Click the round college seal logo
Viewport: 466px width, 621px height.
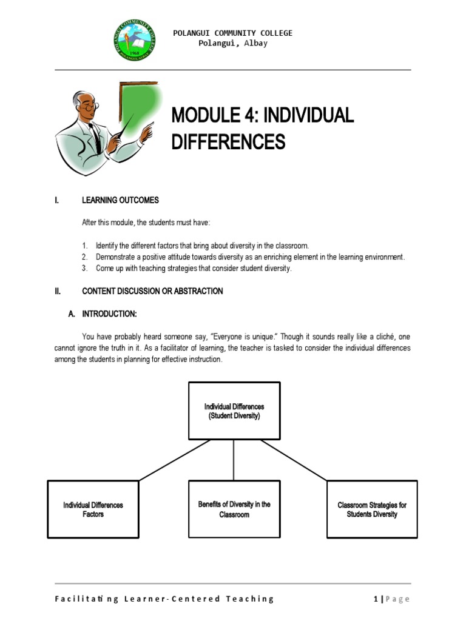134,41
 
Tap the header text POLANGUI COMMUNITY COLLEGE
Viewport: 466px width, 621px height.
232,33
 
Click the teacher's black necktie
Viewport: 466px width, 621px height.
96,137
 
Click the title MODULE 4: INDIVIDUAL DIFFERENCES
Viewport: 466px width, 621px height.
262,127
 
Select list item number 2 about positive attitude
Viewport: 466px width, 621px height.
249,257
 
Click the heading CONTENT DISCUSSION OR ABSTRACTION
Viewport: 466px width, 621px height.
152,291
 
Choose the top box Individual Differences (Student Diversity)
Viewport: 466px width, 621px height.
234,411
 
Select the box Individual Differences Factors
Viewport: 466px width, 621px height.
93,509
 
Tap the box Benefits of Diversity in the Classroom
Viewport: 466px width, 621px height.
234,509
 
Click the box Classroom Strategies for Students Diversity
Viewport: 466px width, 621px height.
372,509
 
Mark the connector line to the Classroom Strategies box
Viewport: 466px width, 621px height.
294,460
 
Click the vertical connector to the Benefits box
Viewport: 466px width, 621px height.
234,460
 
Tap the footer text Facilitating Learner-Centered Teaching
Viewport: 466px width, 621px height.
164,599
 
